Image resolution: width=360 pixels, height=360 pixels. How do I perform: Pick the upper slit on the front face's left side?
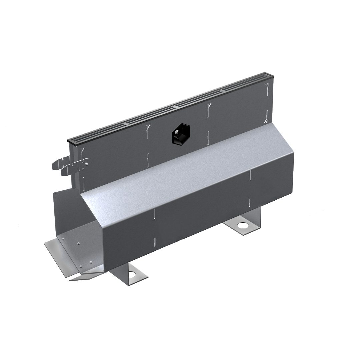click(154, 214)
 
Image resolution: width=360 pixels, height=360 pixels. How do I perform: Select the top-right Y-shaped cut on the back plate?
click(267, 89)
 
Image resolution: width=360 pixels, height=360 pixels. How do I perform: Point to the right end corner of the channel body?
click(293, 155)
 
